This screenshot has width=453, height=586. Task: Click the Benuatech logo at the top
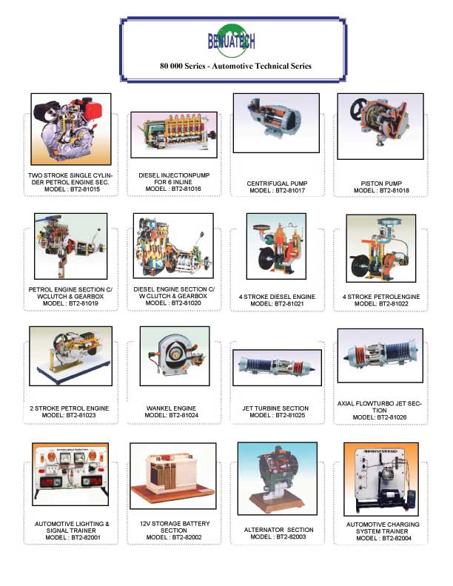232,41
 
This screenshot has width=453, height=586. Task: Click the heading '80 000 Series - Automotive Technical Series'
236,66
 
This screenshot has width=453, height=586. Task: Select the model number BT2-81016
186,189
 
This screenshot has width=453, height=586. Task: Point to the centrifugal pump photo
276,123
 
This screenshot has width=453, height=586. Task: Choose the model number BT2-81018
395,191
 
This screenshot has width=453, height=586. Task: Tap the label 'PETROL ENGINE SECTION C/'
70,289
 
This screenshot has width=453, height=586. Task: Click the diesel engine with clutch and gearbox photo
173,246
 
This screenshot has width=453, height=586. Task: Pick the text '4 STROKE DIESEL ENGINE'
277,297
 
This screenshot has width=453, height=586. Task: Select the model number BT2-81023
81,415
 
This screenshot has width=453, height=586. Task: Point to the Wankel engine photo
175,356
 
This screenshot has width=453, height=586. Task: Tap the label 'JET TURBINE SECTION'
275,408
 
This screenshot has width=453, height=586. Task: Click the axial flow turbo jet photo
380,356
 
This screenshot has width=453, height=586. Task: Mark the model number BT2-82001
86,538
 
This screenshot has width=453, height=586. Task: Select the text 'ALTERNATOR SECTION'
279,530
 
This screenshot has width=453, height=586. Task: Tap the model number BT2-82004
397,539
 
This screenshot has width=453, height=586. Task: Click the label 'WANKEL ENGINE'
171,408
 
